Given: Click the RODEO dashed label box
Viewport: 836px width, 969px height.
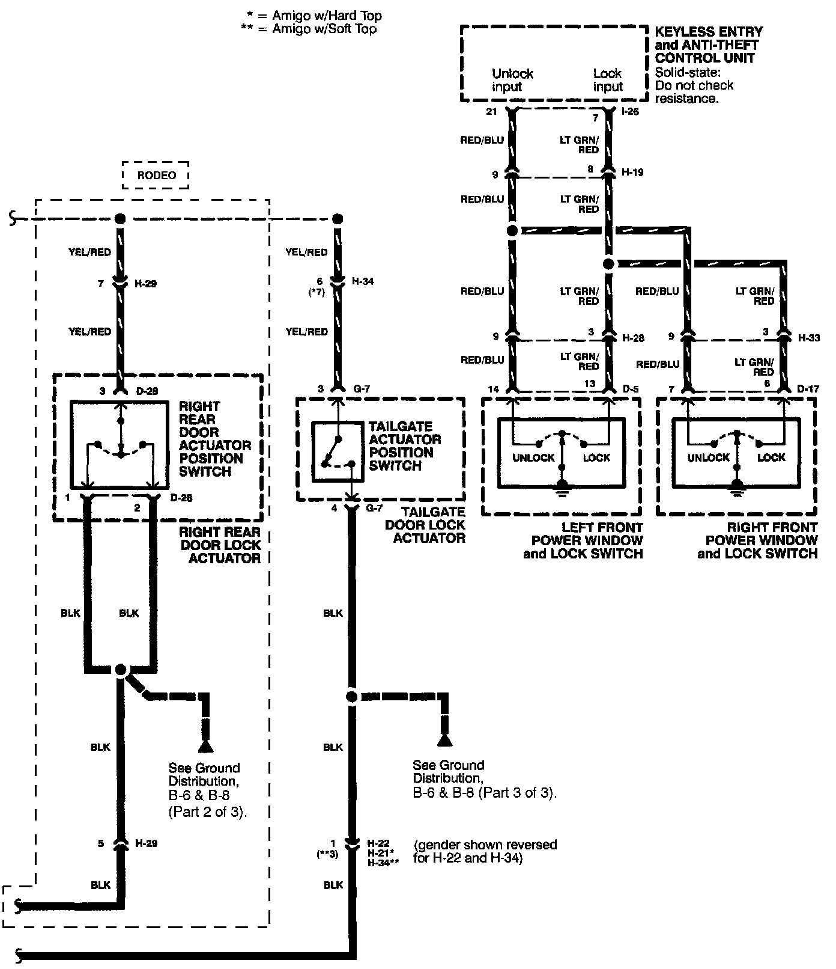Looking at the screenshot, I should click(x=156, y=175).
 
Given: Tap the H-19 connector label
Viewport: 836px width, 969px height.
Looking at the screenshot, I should click(x=632, y=173).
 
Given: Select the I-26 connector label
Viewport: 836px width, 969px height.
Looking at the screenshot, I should click(x=631, y=111).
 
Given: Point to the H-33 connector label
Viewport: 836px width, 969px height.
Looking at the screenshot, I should click(x=809, y=338).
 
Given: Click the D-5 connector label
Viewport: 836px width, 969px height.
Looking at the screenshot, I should click(x=631, y=390).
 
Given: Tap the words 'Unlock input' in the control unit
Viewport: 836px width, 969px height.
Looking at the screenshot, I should click(x=512, y=80).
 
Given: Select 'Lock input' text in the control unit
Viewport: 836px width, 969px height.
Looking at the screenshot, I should click(x=608, y=80).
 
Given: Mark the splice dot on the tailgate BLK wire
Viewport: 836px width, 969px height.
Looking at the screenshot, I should click(x=351, y=697).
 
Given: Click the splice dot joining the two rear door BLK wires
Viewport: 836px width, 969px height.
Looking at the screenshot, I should click(x=121, y=669).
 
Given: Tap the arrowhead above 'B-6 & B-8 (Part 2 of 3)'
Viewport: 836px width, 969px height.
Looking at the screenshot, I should click(x=206, y=746).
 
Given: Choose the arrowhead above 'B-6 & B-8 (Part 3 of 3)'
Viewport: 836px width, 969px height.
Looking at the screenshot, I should click(x=444, y=739).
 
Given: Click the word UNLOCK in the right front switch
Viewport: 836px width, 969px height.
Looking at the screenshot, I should click(x=708, y=457).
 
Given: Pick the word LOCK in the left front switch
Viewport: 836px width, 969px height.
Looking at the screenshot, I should click(x=596, y=457).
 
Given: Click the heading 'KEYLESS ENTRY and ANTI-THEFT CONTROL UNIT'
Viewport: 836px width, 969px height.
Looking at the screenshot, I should click(x=709, y=44).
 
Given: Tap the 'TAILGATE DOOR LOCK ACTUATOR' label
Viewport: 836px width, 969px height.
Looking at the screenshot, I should click(x=429, y=525).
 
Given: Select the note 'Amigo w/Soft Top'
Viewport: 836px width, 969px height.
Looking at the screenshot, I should click(x=324, y=29).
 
